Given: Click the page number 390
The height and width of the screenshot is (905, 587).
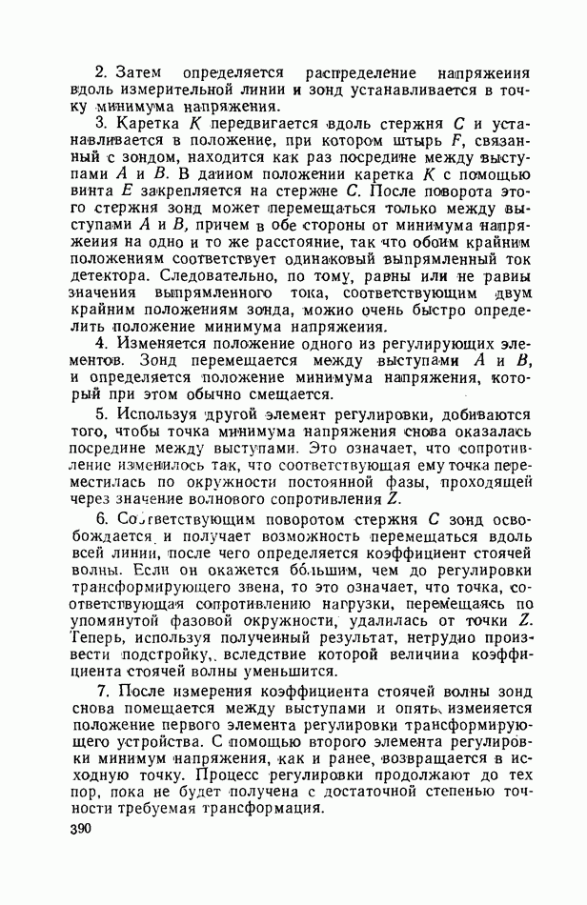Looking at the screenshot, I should (84, 831).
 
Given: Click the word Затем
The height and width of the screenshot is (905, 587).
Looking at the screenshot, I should (143, 71).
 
